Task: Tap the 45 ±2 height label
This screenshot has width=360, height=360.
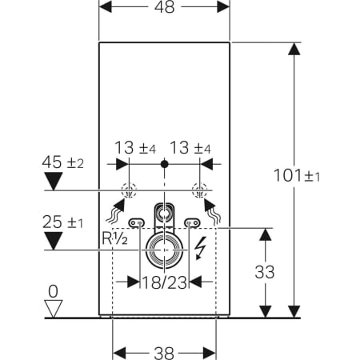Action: tap(63, 164)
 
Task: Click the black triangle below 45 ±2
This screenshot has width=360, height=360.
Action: tap(53, 182)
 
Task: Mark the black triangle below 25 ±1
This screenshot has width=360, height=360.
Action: tap(53, 239)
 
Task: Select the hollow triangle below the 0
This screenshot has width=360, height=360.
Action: tap(53, 308)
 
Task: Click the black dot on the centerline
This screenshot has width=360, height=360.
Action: tap(164, 164)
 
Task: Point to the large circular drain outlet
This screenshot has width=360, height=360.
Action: tap(164, 250)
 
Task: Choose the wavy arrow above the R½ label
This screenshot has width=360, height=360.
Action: tap(115, 213)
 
